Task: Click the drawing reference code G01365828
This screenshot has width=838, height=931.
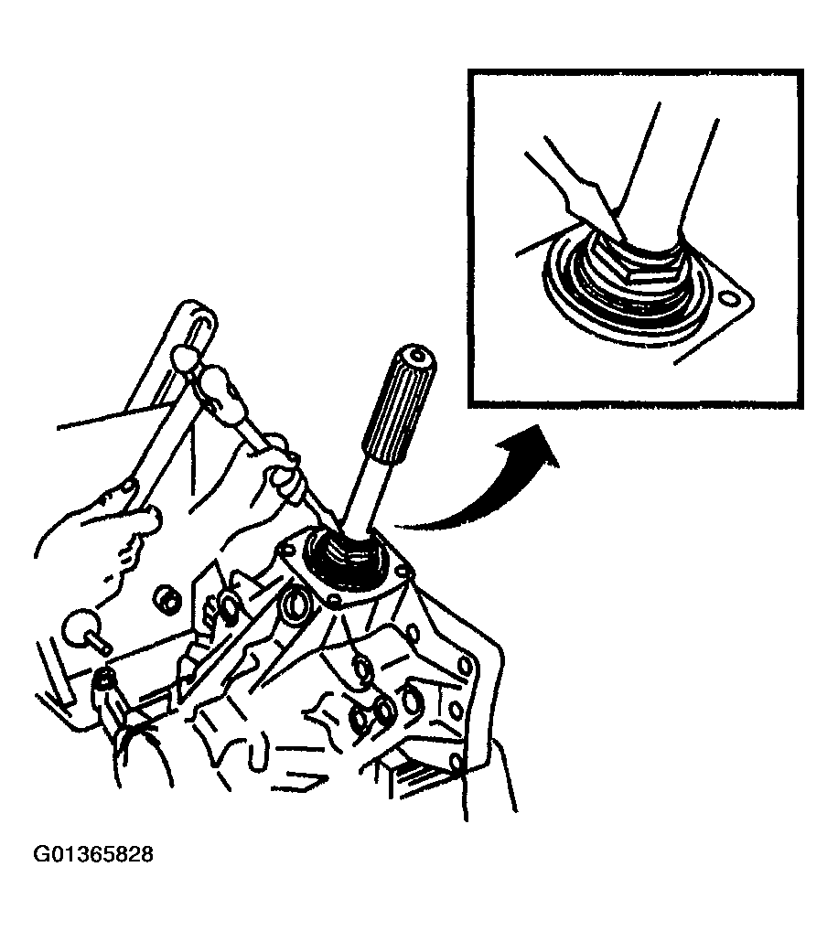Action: point(93,854)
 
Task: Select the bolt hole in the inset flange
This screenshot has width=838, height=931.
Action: point(726,295)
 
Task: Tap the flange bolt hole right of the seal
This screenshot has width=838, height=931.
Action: point(403,573)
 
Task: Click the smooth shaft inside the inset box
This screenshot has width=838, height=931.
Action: point(664,178)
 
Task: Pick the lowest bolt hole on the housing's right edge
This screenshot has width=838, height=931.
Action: point(456,761)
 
